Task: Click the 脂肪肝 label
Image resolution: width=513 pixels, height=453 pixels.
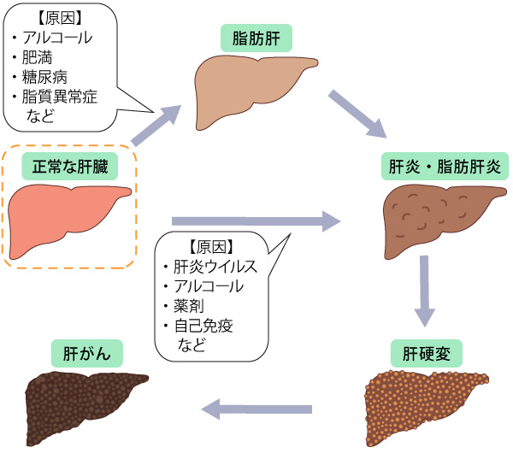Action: pyautogui.click(x=256, y=38)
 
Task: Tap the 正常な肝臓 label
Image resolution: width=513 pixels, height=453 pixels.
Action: pyautogui.click(x=70, y=167)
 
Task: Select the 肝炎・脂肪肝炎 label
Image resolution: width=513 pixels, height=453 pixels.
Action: pyautogui.click(x=439, y=167)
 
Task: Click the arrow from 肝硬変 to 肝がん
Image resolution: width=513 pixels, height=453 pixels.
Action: pyautogui.click(x=260, y=409)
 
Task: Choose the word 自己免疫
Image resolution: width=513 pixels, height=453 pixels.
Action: pyautogui.click(x=203, y=326)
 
